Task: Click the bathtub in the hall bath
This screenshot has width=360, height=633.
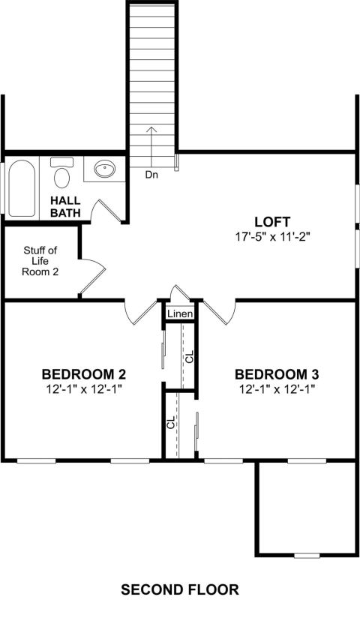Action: tap(22, 188)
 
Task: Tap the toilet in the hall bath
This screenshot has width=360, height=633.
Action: tap(61, 172)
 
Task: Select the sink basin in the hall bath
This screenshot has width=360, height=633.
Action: tap(104, 169)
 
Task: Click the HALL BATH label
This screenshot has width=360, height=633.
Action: tap(65, 207)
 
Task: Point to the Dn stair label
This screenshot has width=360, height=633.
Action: tap(151, 175)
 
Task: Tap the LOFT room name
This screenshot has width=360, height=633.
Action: tap(272, 222)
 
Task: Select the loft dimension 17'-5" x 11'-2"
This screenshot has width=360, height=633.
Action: tap(272, 237)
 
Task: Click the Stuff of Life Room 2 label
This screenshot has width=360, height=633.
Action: tap(40, 261)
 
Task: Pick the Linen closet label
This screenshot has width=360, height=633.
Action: tap(180, 313)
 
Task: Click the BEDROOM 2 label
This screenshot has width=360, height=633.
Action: tap(84, 374)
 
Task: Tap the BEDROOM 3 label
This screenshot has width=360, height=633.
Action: tap(277, 374)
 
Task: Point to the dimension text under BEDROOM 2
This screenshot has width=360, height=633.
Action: tap(84, 389)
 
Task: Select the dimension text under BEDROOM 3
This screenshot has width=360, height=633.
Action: tap(277, 389)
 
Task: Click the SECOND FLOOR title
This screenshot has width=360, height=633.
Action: tap(180, 589)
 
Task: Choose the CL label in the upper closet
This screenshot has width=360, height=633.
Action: tap(189, 356)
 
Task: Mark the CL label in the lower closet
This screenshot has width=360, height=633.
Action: tap(171, 422)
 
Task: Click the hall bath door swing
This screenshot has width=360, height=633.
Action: tap(106, 210)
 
